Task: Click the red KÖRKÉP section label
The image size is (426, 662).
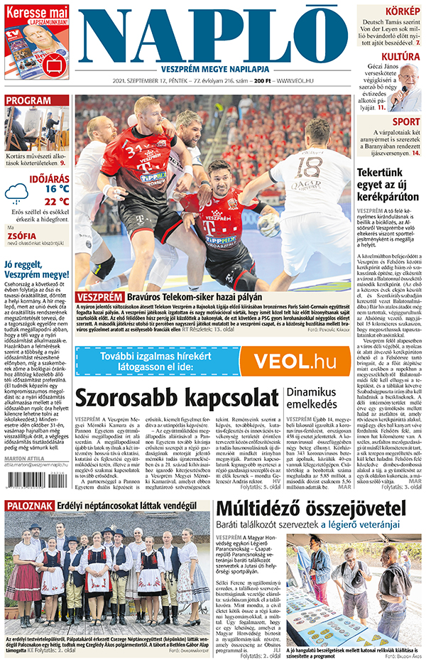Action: (401, 11)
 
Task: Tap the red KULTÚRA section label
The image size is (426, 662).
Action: (400, 56)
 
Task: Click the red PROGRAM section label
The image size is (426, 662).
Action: (27, 101)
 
